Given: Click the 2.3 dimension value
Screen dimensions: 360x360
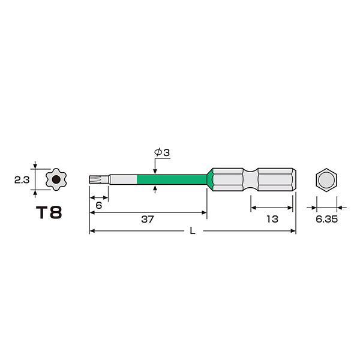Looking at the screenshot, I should (x=19, y=178).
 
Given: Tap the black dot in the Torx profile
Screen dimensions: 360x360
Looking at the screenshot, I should (x=55, y=178).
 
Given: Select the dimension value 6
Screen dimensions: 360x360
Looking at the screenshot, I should (x=99, y=205).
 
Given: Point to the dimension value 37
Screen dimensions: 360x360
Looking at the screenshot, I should (x=148, y=220).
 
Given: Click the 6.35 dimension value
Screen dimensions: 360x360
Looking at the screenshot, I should (x=327, y=220).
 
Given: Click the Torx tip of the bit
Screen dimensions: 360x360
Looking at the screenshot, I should (x=94, y=179).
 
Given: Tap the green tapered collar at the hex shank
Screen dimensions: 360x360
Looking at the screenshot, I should (x=210, y=179).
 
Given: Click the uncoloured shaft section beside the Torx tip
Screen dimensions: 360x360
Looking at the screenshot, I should (x=123, y=179).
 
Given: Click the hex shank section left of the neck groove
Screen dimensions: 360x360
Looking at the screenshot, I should (x=228, y=179).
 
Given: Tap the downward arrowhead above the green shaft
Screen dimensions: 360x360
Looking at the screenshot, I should (x=156, y=170).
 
